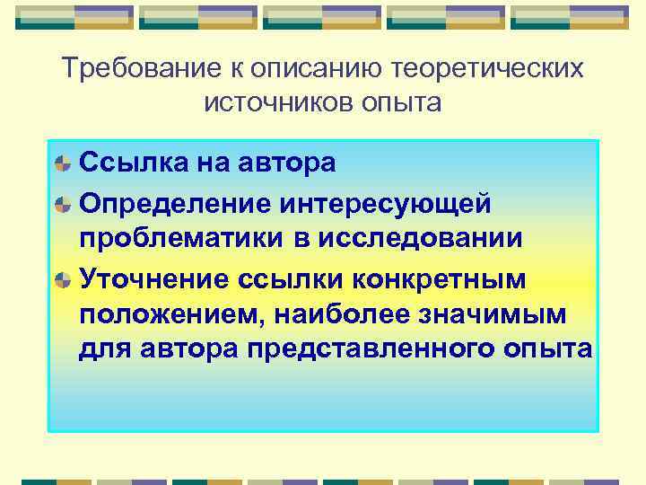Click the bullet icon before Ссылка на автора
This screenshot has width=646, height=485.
tap(63, 163)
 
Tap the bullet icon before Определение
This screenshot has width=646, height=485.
tap(63, 203)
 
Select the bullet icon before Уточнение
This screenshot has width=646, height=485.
tap(63, 280)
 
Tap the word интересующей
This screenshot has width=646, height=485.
tap(385, 203)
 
